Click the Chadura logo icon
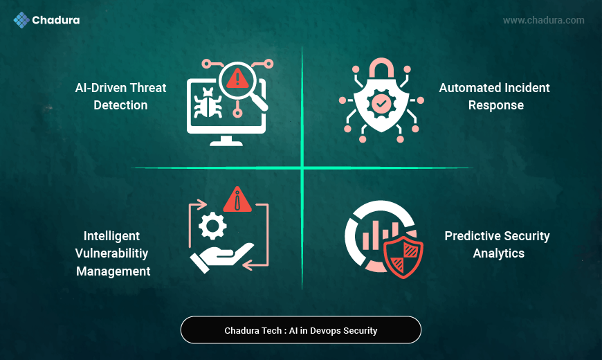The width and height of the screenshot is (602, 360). tap(21, 20)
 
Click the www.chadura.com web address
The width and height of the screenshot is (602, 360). tap(543, 20)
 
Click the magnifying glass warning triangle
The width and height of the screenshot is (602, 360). tap(238, 78)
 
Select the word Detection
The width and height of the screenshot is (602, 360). tap(120, 105)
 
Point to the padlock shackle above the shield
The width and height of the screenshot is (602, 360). tap(381, 68)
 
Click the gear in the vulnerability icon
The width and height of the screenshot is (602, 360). tap(212, 226)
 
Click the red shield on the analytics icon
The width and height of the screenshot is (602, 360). tap(403, 255)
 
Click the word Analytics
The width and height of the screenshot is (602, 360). tap(498, 253)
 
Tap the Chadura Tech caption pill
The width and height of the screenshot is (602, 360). tap(301, 330)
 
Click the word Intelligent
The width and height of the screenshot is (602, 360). tap(112, 235)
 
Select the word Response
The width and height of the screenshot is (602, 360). tap(495, 105)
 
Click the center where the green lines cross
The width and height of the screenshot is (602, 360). tap(302, 168)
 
